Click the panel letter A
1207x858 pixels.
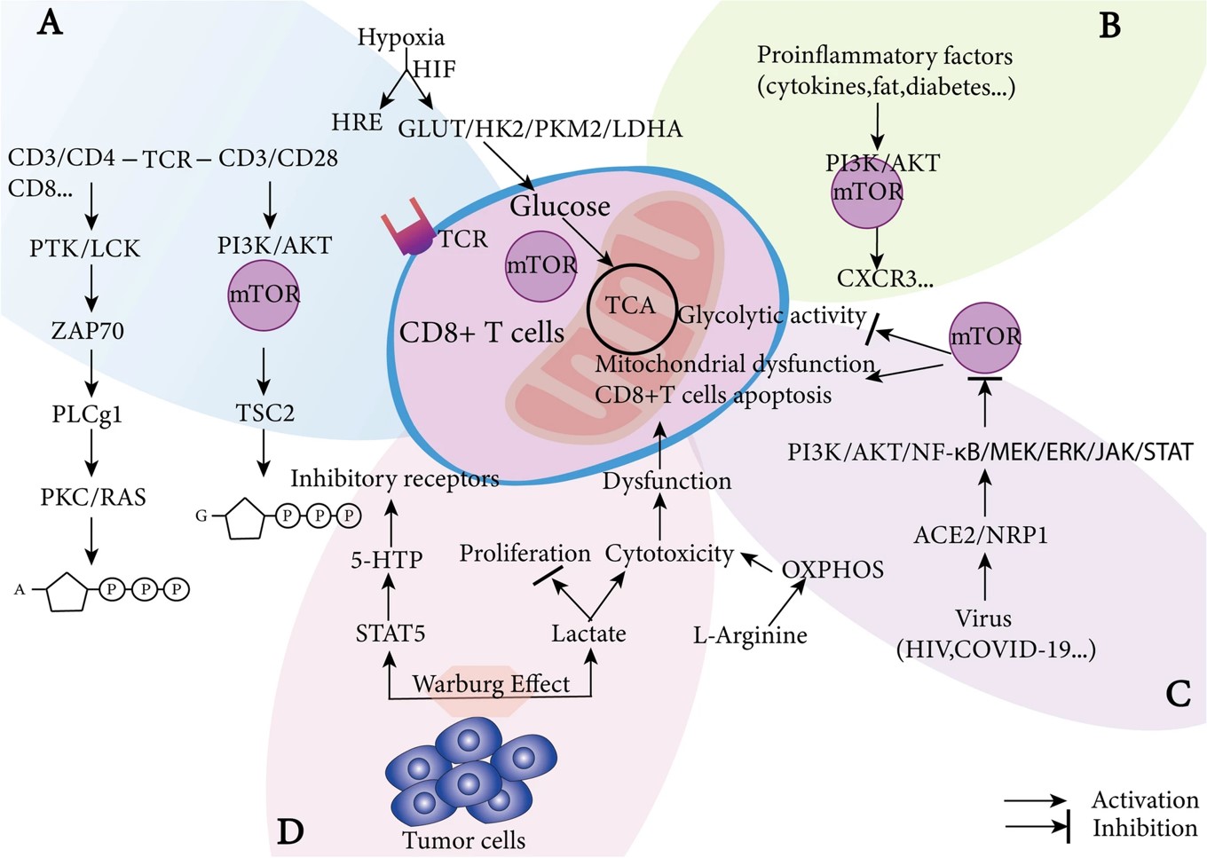(x=50, y=22)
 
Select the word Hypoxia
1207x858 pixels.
(x=400, y=37)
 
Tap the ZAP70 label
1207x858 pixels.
(x=88, y=331)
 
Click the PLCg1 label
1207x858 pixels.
(x=87, y=414)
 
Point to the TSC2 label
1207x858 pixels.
(x=264, y=413)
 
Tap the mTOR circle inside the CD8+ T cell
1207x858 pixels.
(x=540, y=265)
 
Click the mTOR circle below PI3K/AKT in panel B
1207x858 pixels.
(x=867, y=192)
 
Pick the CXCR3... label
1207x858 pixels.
(x=885, y=279)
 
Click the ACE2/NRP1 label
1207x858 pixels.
(x=981, y=535)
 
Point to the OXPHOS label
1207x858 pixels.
(x=832, y=570)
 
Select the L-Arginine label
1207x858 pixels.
(x=750, y=635)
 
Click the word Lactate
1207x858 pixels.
(x=588, y=634)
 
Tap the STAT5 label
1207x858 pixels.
(x=390, y=634)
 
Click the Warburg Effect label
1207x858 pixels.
(x=491, y=684)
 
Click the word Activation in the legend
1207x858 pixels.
(x=1144, y=799)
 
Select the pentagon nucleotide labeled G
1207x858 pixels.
(x=252, y=517)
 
